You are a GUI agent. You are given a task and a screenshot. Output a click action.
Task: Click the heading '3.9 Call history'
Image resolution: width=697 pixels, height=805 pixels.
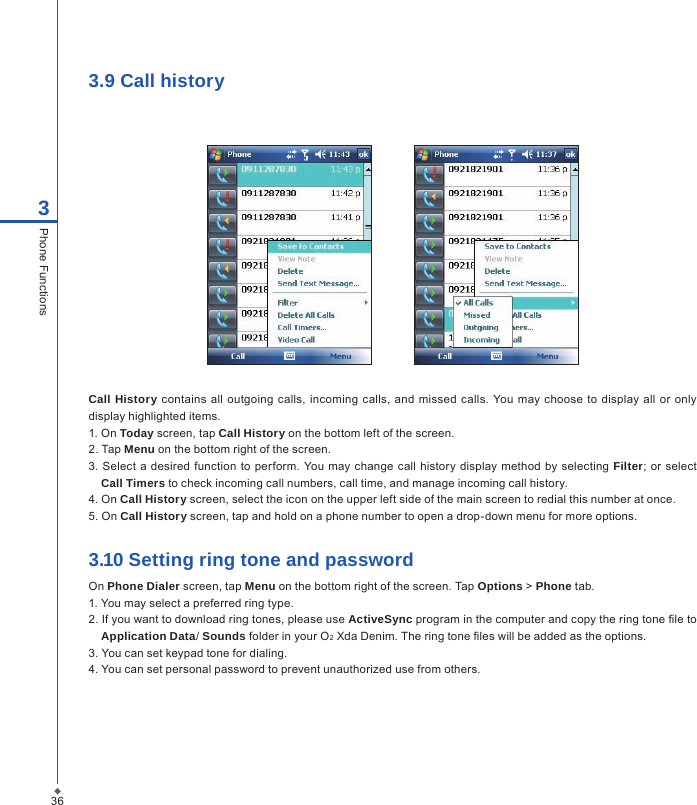[156, 81]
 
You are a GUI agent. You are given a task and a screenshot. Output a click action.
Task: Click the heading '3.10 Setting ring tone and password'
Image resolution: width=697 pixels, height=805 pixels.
[250, 560]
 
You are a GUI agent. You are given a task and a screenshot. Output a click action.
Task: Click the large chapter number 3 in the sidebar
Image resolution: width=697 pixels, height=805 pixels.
[43, 209]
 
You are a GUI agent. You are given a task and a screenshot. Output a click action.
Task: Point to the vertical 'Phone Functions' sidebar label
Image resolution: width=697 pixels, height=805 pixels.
[43, 271]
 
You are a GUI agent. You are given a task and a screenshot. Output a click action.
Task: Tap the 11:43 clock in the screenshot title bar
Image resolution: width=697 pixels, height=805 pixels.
[340, 155]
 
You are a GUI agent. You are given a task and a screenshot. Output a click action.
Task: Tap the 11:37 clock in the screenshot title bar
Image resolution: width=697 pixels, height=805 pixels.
[546, 155]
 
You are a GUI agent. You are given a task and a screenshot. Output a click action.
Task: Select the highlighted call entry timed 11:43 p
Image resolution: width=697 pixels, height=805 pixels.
[300, 170]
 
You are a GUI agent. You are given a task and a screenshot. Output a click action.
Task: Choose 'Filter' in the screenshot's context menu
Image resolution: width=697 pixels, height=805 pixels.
[288, 302]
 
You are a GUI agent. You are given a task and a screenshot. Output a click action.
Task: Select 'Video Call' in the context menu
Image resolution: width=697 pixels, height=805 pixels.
[296, 340]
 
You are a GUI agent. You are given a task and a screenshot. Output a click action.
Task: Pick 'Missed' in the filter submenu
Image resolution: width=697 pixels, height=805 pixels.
[477, 315]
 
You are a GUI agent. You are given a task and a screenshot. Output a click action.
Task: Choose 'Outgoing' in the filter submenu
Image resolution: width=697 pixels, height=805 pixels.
[481, 327]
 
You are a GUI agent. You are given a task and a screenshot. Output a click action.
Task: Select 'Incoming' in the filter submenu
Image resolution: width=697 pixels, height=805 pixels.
[481, 340]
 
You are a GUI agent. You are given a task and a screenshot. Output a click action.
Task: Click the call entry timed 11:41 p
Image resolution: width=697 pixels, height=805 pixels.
[300, 217]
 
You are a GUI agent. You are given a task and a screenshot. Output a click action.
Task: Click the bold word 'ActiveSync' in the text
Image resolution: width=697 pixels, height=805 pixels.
[382, 620]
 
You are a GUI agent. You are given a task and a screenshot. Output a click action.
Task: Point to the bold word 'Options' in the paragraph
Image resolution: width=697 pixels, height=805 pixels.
[499, 586]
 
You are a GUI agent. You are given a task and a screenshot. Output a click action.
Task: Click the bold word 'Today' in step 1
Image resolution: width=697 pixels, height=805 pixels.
[136, 433]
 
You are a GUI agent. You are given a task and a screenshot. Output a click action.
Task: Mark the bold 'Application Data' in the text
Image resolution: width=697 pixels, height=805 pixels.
[147, 636]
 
